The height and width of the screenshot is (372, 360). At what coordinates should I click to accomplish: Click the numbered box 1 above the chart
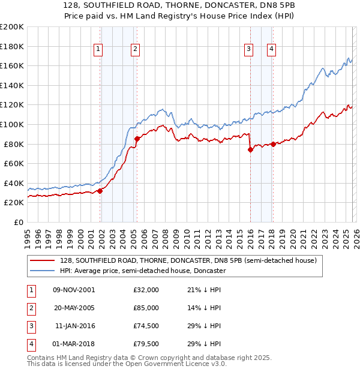98,50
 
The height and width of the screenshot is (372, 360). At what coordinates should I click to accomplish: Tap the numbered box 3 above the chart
248,50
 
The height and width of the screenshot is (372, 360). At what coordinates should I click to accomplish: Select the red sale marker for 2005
137,139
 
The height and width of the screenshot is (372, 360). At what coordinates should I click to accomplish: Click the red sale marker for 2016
250,150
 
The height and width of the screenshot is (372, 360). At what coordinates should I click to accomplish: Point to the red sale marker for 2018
273,144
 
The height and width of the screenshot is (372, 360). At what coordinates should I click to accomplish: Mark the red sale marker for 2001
100,191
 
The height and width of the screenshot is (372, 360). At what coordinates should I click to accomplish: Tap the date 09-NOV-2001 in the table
74,290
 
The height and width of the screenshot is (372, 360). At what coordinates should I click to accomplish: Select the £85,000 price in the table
146,308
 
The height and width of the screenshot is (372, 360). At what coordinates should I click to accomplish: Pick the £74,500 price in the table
146,326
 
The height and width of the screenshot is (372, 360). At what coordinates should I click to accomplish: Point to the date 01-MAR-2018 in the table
74,344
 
